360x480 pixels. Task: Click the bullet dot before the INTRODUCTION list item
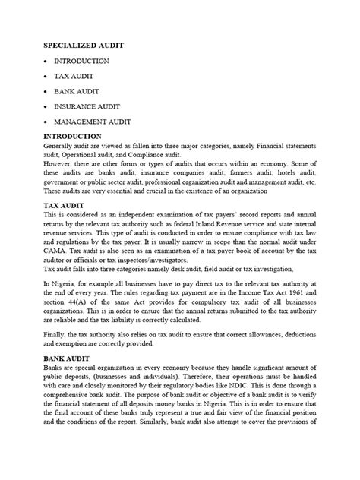tap(49, 61)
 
